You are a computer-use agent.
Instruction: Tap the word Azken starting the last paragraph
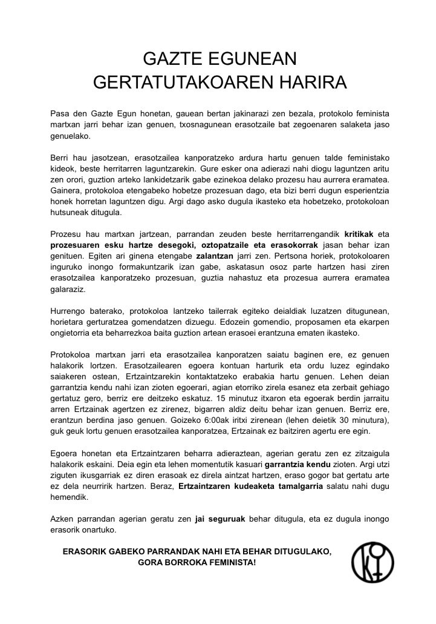tap(62, 519)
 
